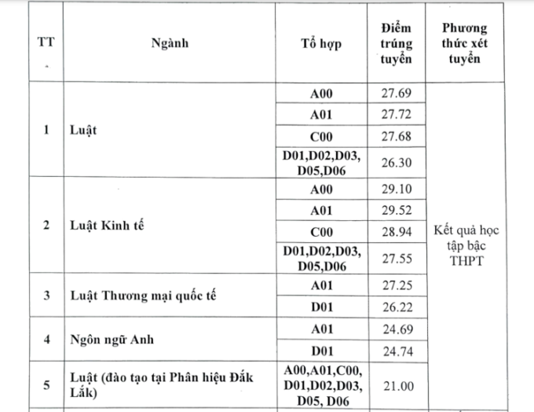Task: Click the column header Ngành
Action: [x=170, y=44]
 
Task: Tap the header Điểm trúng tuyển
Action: [x=396, y=44]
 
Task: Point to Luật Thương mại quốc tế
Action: [x=140, y=296]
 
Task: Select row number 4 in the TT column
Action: [x=46, y=340]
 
